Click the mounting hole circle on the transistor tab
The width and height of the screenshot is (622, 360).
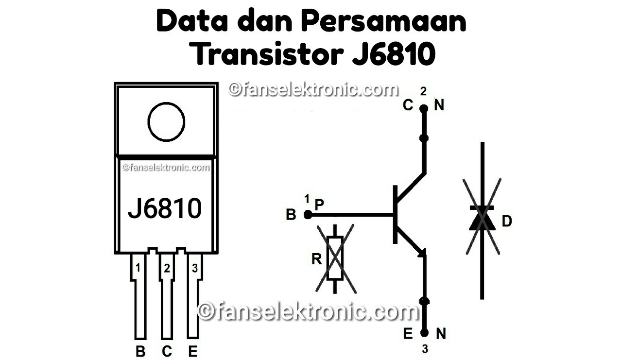click(x=166, y=121)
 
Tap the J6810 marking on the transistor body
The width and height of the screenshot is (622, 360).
click(x=165, y=208)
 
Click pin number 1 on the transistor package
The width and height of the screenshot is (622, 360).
click(x=138, y=268)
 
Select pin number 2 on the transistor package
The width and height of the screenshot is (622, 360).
click(x=167, y=268)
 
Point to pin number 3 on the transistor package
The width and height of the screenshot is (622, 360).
click(x=194, y=268)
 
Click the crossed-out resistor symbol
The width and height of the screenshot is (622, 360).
click(x=335, y=258)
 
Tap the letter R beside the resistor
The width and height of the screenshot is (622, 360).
click(x=316, y=259)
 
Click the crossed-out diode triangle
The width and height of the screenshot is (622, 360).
click(x=482, y=220)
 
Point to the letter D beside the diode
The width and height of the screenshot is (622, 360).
click(x=507, y=222)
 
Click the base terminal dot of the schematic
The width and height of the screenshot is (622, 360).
click(x=307, y=214)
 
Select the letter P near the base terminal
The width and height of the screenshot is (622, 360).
click(x=319, y=205)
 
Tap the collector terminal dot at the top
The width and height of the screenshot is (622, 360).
click(x=424, y=108)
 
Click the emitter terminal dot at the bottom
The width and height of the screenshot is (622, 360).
click(x=424, y=333)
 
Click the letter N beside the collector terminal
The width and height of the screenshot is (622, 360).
click(x=439, y=105)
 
